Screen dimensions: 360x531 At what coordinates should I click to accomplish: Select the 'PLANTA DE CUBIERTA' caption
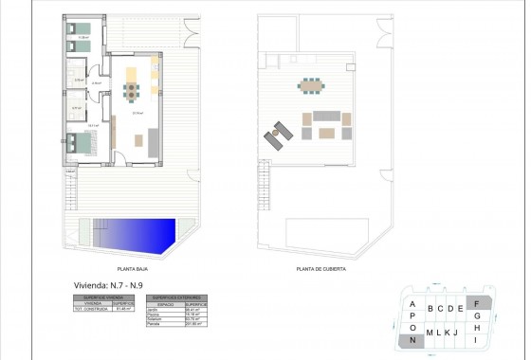pos(321,268)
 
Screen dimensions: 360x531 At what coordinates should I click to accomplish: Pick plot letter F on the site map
pos(477,304)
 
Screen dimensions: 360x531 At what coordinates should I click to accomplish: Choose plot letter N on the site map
pos(413,340)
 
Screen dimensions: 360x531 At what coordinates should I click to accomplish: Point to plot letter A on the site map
pos(413,304)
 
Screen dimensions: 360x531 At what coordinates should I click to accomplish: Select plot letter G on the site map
pos(477,315)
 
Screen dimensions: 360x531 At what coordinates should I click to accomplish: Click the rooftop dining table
pos(310,85)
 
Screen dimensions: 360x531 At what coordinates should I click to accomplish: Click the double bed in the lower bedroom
pos(79,145)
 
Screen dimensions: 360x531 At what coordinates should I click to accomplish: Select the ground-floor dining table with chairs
pos(130,91)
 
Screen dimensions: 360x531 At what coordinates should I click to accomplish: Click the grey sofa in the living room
pos(154,141)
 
